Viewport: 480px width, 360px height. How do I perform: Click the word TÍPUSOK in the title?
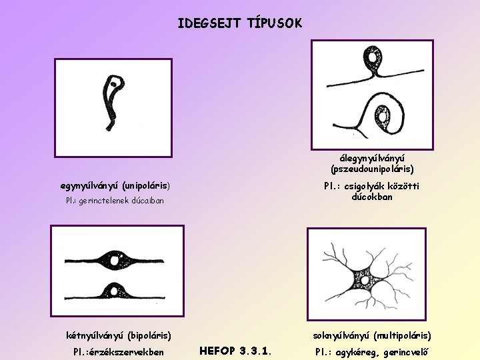[275, 23]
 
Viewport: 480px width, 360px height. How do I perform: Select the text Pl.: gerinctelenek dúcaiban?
[114, 200]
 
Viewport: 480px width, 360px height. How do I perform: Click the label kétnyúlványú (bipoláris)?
[119, 335]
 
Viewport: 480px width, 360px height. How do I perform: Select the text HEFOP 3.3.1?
[236, 349]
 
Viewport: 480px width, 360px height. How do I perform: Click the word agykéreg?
[354, 352]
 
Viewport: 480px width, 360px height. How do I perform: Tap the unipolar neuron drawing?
[114, 100]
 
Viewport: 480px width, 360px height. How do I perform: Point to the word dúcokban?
[373, 197]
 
